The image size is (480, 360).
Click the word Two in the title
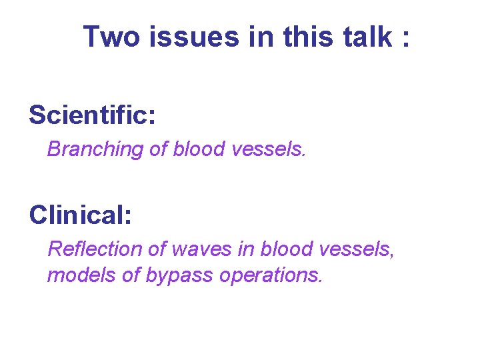[x=112, y=37]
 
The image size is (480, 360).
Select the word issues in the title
[x=193, y=37]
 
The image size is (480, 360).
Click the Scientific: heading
[x=92, y=115]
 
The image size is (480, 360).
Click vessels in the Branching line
[x=269, y=149]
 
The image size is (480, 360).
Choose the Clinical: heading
[x=80, y=215]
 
